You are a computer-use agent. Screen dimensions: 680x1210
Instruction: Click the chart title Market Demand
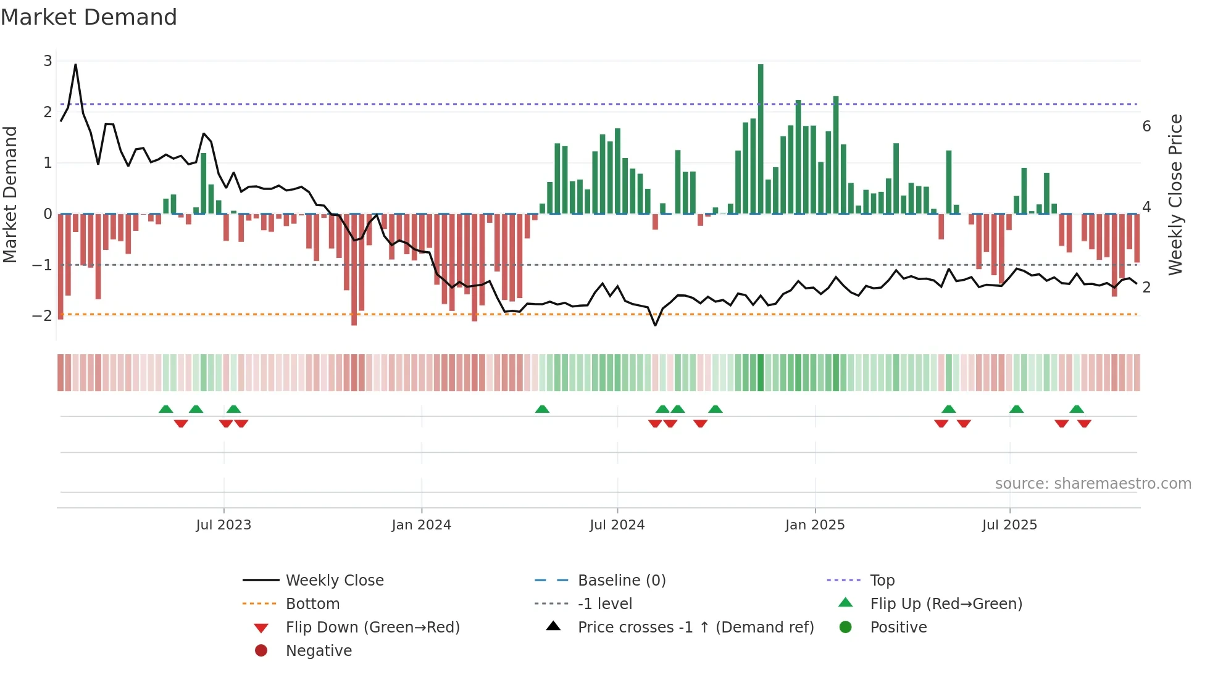pyautogui.click(x=89, y=17)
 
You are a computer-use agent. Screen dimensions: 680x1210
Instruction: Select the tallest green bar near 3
pyautogui.click(x=761, y=139)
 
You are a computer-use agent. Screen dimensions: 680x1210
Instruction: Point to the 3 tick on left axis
pyautogui.click(x=48, y=61)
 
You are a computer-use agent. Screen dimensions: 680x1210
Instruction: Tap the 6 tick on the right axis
pyautogui.click(x=1146, y=126)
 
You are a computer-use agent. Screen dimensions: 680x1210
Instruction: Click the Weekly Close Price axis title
pyautogui.click(x=1175, y=194)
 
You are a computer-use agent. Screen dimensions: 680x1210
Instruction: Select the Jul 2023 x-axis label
pyautogui.click(x=223, y=525)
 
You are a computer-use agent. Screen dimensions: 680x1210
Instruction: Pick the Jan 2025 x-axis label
pyautogui.click(x=815, y=525)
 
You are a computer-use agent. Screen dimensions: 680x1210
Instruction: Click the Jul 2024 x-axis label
pyautogui.click(x=617, y=525)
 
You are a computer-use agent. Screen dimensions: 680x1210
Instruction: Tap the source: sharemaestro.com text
pyautogui.click(x=1093, y=484)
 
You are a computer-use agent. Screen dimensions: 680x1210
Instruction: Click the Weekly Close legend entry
pyautogui.click(x=335, y=581)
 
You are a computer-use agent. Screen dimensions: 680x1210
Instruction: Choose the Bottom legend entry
pyautogui.click(x=312, y=604)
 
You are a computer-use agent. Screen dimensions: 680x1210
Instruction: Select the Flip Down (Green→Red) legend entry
pyautogui.click(x=372, y=628)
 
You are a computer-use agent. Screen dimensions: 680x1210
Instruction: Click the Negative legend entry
pyautogui.click(x=319, y=651)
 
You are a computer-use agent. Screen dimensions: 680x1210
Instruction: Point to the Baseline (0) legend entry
pyautogui.click(x=622, y=581)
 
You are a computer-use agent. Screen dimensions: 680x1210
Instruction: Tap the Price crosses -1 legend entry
pyautogui.click(x=696, y=628)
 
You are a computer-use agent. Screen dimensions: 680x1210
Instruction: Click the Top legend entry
pyautogui.click(x=882, y=581)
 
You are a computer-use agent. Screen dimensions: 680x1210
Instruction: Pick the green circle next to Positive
pyautogui.click(x=846, y=628)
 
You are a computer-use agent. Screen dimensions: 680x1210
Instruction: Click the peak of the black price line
pyautogui.click(x=75, y=64)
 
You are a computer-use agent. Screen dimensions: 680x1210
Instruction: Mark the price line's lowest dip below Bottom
pyautogui.click(x=655, y=325)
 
